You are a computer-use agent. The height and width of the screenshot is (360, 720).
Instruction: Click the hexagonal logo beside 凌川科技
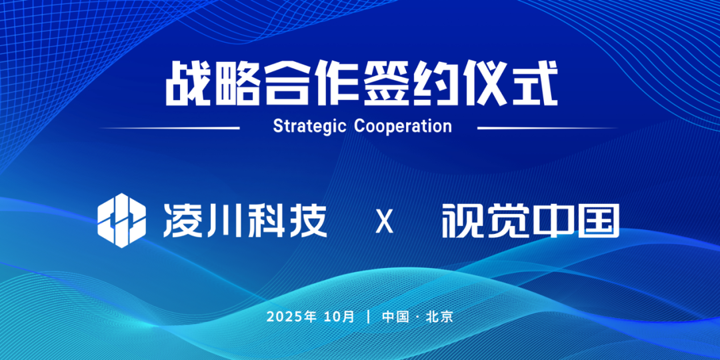click(122, 221)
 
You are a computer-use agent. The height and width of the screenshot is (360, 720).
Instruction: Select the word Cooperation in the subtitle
click(403, 126)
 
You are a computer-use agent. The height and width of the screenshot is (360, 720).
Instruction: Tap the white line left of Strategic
click(170, 127)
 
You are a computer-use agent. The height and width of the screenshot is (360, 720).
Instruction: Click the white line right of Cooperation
click(547, 127)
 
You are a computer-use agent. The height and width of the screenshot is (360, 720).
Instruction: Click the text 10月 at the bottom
click(339, 317)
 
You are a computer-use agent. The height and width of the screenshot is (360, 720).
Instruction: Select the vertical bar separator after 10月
click(368, 317)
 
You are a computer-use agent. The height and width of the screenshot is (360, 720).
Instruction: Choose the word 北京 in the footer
click(439, 317)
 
